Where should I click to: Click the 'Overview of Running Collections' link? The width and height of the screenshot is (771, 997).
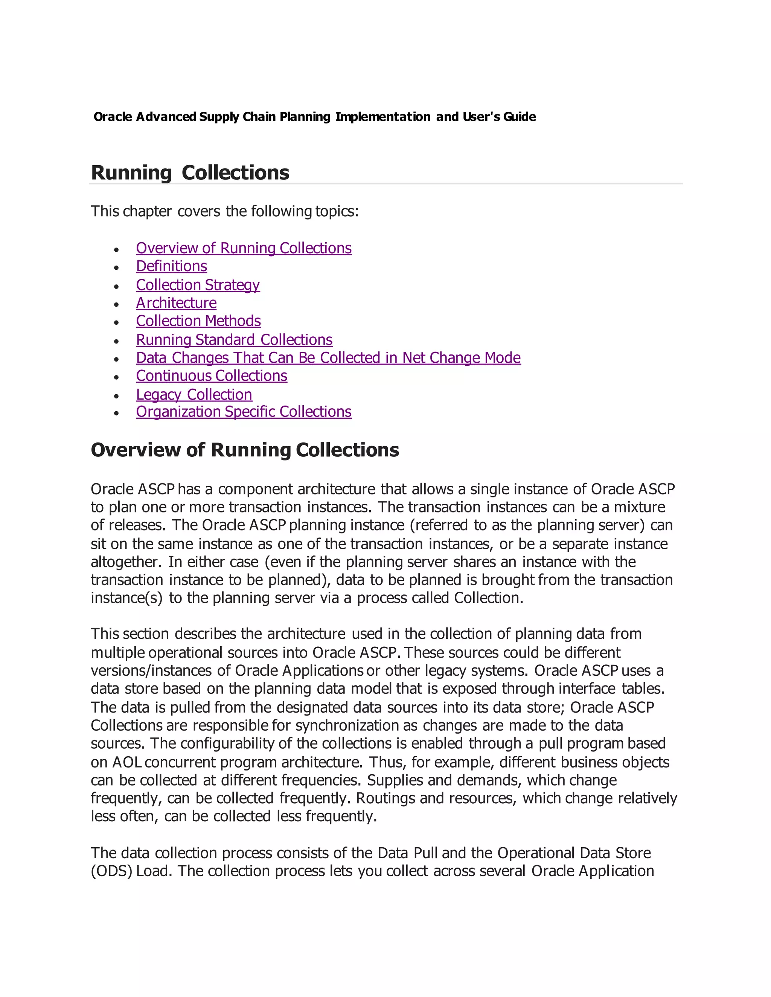(244, 248)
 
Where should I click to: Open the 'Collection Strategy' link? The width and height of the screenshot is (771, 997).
(198, 285)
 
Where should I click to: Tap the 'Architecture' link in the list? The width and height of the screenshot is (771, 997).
(176, 303)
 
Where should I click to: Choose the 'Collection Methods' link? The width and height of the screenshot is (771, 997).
(198, 321)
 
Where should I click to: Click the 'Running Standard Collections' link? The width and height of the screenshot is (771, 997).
(234, 340)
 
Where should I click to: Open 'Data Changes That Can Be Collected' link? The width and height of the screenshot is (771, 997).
(328, 357)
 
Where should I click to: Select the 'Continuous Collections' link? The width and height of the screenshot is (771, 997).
(212, 376)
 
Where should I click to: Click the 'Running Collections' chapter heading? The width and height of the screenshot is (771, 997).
(190, 173)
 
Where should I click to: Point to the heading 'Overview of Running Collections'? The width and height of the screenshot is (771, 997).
(245, 450)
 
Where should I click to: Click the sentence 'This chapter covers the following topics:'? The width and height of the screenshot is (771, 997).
(225, 211)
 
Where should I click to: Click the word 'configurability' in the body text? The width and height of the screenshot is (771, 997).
(227, 744)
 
